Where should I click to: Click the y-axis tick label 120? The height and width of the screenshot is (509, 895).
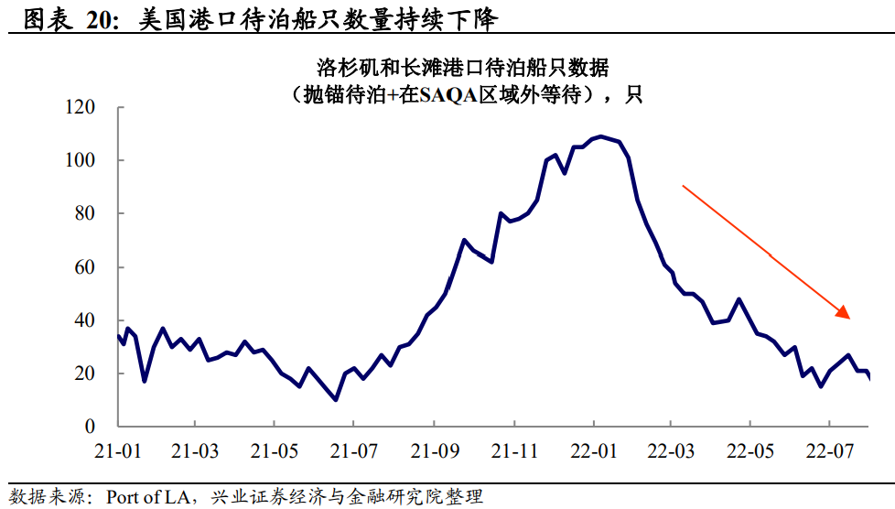tap(81, 108)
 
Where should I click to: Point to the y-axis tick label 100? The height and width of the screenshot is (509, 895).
tap(81, 161)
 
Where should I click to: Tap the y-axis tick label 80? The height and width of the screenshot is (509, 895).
tap(84, 214)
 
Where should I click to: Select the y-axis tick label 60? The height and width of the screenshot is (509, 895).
tap(84, 267)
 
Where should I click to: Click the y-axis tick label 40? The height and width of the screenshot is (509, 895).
tap(84, 320)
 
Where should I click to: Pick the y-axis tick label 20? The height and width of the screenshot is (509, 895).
tap(84, 374)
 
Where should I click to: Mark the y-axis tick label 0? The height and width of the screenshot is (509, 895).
tap(89, 427)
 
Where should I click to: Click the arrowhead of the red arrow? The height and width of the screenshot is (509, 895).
tap(847, 315)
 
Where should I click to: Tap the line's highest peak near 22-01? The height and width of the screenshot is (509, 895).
tap(600, 136)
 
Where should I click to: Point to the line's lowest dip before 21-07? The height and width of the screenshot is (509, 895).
tap(336, 399)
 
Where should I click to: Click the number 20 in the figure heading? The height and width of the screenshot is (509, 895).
tap(98, 19)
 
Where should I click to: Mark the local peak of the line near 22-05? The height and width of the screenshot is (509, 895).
tap(739, 298)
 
